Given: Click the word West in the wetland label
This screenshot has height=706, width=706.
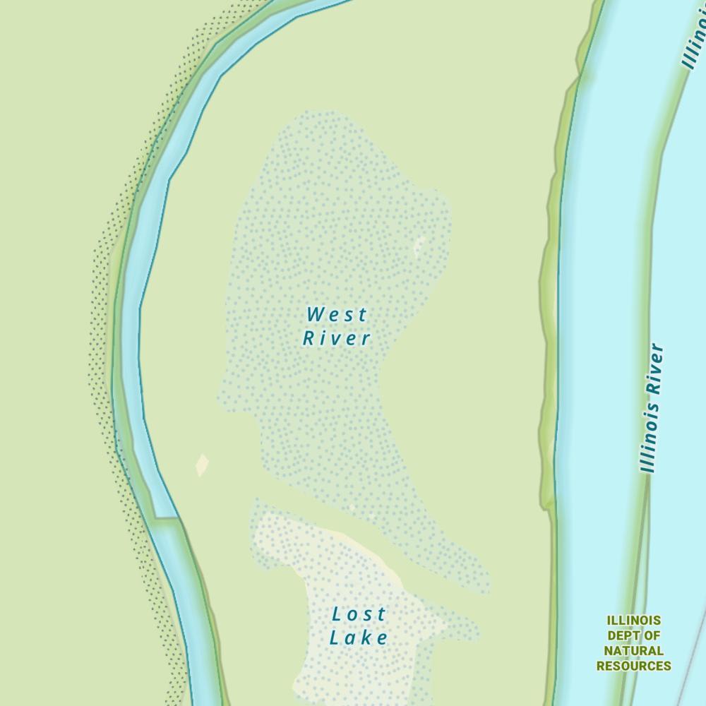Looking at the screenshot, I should [x=337, y=314].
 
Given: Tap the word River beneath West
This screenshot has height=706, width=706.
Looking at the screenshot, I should [x=337, y=338].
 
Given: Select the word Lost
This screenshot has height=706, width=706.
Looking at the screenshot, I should [x=359, y=614].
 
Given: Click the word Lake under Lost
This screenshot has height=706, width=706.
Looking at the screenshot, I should [x=359, y=638].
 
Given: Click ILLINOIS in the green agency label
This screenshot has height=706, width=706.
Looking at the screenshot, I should [x=633, y=621].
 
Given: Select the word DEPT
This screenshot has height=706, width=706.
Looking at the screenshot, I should [x=623, y=635].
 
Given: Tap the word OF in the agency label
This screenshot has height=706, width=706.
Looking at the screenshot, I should [x=652, y=635].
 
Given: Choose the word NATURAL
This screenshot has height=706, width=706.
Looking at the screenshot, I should [x=633, y=650].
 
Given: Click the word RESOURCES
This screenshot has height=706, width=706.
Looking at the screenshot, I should [x=633, y=666].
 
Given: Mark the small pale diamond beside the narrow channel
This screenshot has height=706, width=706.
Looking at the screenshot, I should [x=202, y=465].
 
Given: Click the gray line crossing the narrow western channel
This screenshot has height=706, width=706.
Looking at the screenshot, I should [x=166, y=518].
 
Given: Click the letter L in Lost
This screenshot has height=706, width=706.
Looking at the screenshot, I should [x=337, y=614].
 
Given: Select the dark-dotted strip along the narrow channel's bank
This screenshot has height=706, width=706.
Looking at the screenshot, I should [x=99, y=353].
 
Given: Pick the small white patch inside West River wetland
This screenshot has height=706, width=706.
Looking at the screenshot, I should [x=419, y=245].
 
